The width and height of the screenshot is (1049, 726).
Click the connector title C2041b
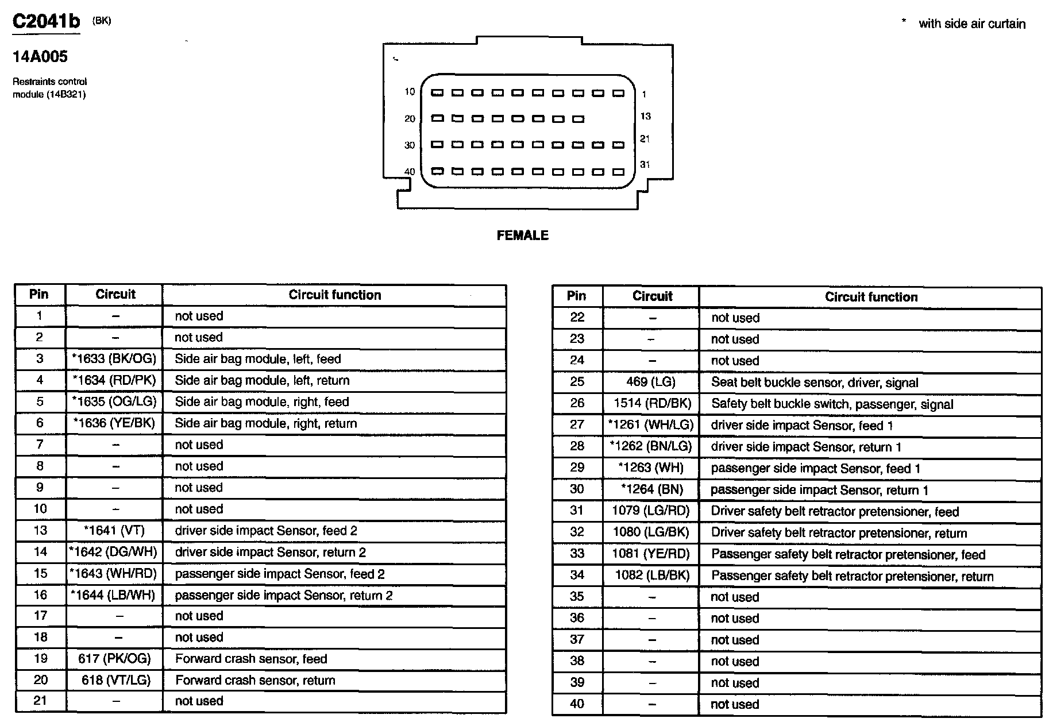click(x=46, y=22)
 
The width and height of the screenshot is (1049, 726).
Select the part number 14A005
click(x=40, y=56)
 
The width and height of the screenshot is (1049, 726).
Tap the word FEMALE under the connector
click(x=522, y=235)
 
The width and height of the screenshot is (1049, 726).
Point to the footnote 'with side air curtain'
click(x=971, y=24)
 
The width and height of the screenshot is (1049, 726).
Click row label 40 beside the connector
click(x=409, y=171)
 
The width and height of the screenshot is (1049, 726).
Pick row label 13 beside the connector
click(x=645, y=117)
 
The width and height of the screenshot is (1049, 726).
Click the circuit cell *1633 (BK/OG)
click(x=114, y=359)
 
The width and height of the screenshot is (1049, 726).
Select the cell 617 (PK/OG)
click(x=114, y=659)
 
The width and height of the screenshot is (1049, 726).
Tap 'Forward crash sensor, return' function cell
click(x=255, y=680)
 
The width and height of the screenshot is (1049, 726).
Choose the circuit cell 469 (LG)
click(x=651, y=382)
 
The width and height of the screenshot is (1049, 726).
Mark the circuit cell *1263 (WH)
click(x=651, y=468)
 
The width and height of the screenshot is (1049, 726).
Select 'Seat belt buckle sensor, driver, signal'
click(x=814, y=383)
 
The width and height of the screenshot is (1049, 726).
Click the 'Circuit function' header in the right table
click(x=871, y=297)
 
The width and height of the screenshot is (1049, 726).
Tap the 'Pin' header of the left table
click(x=39, y=294)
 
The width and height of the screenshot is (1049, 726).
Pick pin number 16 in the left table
click(x=40, y=594)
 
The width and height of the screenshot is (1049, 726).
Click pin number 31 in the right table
click(x=577, y=510)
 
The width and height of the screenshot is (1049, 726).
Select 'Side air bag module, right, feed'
click(x=261, y=401)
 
